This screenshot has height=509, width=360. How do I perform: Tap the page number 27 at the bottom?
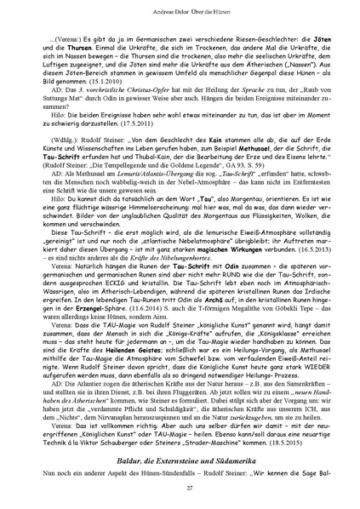(x=180, y=486)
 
